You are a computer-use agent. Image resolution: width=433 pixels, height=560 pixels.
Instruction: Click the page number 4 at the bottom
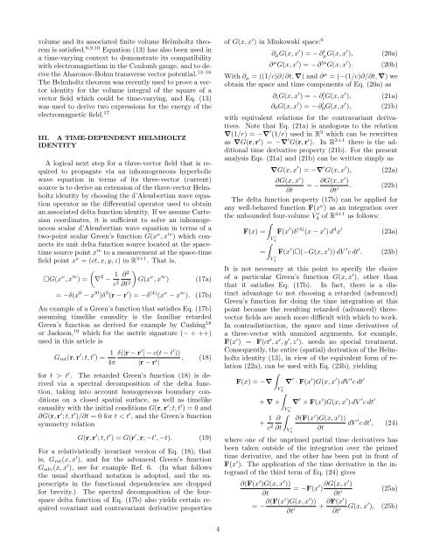point(217,528)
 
